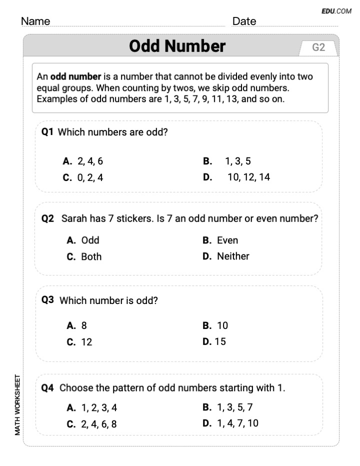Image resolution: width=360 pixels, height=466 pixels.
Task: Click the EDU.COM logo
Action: pyautogui.click(x=337, y=10)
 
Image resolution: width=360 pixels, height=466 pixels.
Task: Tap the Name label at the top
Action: pyautogui.click(x=35, y=21)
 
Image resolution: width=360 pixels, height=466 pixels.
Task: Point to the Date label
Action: pyautogui.click(x=244, y=21)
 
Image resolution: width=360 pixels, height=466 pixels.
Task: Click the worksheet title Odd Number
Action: pyautogui.click(x=177, y=46)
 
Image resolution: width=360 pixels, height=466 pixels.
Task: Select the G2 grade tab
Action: pyautogui.click(x=318, y=48)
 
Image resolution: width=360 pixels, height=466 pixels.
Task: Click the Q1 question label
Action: pyautogui.click(x=47, y=132)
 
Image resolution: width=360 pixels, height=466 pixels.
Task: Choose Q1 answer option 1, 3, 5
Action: pyautogui.click(x=237, y=161)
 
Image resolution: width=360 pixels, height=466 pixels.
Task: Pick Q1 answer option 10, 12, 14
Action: pyautogui.click(x=248, y=177)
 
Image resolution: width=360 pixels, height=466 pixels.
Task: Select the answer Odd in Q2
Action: pyautogui.click(x=90, y=240)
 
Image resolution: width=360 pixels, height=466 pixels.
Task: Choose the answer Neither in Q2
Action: pyautogui.click(x=233, y=256)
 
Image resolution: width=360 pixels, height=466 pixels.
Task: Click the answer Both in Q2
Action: pyautogui.click(x=91, y=256)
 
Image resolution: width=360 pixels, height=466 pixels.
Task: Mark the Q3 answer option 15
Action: pyautogui.click(x=220, y=341)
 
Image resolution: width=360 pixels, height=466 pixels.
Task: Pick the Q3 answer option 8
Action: pyautogui.click(x=84, y=325)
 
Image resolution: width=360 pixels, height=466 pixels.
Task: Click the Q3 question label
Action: pyautogui.click(x=48, y=300)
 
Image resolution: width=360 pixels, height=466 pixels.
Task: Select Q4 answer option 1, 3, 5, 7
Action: pyautogui.click(x=234, y=407)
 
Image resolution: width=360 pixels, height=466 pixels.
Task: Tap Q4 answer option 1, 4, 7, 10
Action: pyautogui.click(x=237, y=423)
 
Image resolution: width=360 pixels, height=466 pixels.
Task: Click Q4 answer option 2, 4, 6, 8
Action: pyautogui.click(x=99, y=424)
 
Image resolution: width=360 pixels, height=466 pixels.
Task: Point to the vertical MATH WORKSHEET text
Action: pyautogui.click(x=18, y=404)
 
